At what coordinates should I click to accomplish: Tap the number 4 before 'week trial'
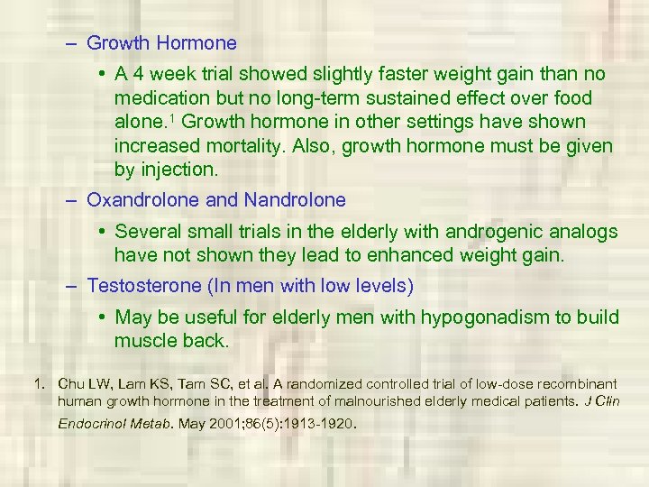click(x=138, y=74)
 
